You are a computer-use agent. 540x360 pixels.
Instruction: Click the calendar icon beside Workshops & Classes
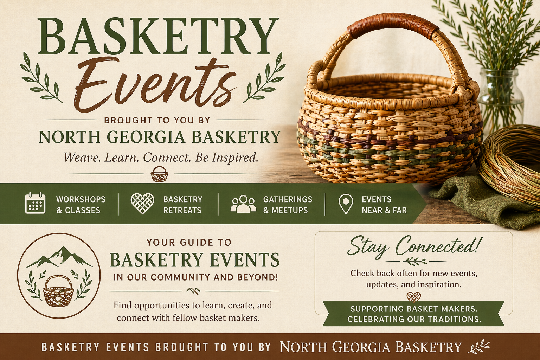35,203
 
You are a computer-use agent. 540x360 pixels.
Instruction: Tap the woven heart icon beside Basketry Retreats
142,204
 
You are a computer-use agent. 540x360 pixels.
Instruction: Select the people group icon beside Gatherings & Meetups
243,204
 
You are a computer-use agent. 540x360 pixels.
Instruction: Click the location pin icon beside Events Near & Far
346,204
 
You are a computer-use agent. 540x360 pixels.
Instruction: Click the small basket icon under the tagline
159,174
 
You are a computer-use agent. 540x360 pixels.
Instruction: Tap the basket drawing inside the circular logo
58,291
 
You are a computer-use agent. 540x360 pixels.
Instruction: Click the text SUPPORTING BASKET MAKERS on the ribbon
414,309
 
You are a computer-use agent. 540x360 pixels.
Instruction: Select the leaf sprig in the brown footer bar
479,346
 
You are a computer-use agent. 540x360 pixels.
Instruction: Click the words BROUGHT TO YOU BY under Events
157,120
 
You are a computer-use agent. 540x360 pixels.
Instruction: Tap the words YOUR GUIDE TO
189,242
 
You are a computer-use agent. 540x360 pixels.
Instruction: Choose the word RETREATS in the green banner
182,210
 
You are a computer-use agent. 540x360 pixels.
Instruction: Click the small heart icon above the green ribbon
413,297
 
